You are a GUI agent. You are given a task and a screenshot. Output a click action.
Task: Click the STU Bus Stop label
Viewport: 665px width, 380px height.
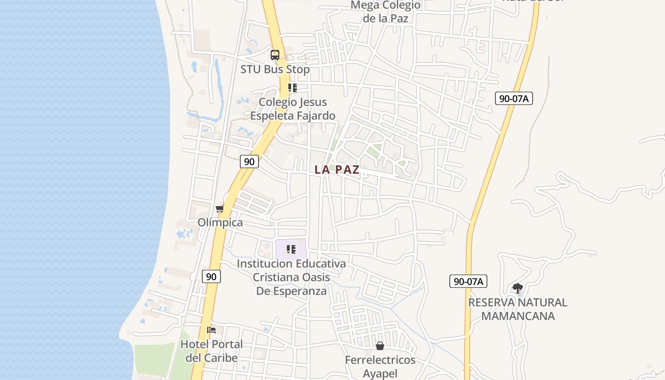(x=275, y=69)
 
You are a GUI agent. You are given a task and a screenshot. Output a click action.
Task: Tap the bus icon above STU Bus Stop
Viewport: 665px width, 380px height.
(x=275, y=55)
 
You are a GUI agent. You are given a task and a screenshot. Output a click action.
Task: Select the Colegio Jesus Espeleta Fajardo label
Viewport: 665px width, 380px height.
(x=293, y=109)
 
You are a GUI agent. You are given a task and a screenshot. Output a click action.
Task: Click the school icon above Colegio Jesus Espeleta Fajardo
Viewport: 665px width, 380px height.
(x=292, y=88)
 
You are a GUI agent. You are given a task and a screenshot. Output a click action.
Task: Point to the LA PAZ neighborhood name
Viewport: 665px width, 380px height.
(x=337, y=170)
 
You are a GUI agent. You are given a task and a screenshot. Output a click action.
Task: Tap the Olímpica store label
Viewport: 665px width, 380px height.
(x=220, y=222)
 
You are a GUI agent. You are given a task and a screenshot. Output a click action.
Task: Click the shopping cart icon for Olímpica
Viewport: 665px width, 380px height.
(x=219, y=209)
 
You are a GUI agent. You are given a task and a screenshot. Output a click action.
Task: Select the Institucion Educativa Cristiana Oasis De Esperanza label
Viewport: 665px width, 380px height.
(x=292, y=277)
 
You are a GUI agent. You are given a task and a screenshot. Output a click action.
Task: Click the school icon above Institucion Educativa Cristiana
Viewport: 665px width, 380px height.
(x=291, y=249)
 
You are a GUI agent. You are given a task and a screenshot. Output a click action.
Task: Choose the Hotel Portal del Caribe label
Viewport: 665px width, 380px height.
(x=211, y=351)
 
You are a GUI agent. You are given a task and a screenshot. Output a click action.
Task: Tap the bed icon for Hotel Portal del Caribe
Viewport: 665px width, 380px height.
(x=211, y=330)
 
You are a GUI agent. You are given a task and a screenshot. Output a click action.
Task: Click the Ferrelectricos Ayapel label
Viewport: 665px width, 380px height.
(x=380, y=367)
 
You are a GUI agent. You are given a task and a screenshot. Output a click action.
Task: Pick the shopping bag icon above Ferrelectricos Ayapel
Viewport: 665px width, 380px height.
(x=380, y=346)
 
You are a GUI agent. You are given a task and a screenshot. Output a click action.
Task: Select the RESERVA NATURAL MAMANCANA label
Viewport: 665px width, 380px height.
(x=518, y=309)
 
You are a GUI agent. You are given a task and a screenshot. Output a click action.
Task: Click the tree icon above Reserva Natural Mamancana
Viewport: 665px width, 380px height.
(x=518, y=288)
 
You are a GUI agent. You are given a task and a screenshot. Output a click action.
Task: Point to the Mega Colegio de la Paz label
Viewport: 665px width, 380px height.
(x=385, y=12)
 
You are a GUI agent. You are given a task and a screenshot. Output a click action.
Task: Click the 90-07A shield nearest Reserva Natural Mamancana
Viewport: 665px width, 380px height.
(x=468, y=281)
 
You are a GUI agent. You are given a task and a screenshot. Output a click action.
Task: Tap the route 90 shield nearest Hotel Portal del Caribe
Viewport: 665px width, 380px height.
(x=211, y=276)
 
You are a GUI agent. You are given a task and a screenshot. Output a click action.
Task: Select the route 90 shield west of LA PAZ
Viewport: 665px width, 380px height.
(x=249, y=161)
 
